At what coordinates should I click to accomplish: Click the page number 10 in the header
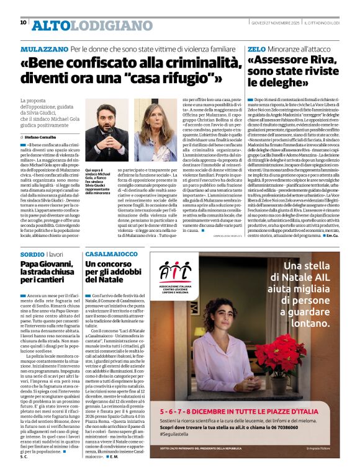click(23, 22)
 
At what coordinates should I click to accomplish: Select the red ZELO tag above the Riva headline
click(256, 48)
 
